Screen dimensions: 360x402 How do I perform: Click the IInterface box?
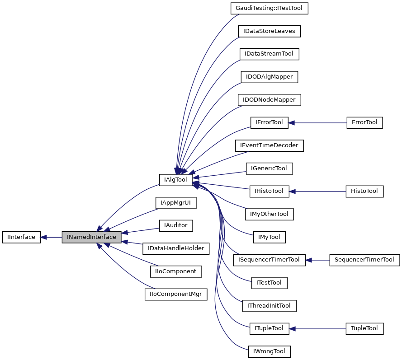pos(21,237)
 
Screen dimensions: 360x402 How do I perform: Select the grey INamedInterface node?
pos(91,237)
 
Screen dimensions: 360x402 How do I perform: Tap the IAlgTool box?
pos(176,180)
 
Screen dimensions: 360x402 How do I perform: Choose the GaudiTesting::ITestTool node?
pos(269,8)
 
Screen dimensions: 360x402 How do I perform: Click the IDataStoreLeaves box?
pos(269,31)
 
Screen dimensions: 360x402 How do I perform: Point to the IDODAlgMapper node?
pos(269,77)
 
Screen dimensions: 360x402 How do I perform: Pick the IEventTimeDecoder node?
pos(269,145)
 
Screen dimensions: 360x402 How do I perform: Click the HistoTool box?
pos(364,191)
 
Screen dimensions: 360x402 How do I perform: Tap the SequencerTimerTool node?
pos(364,260)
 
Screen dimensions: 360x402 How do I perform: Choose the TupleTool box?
pos(364,328)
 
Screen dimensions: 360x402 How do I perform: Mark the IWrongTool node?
pos(269,351)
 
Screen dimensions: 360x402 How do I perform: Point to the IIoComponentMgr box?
pos(176,295)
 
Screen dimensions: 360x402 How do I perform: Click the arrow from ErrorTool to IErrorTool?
pos(317,122)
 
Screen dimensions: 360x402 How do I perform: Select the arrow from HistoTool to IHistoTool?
pos(317,191)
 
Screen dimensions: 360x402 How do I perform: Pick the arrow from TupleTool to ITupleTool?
pos(317,328)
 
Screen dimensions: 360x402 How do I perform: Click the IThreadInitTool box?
pos(269,306)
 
